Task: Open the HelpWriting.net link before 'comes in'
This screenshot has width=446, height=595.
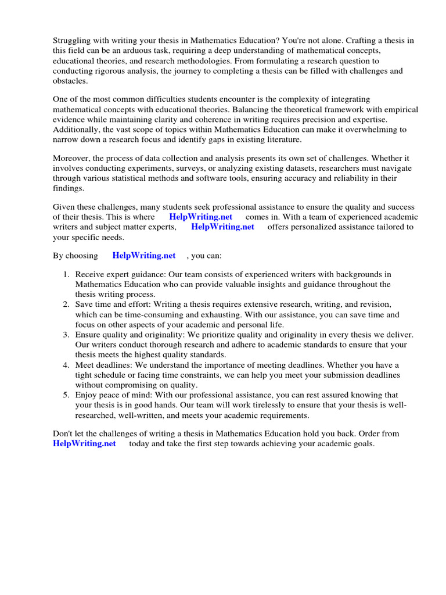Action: tap(200, 217)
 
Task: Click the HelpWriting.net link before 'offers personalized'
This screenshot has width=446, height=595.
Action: tap(222, 227)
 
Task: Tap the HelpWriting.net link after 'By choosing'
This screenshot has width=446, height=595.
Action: tap(143, 255)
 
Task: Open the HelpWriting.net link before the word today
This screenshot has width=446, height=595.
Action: tap(84, 444)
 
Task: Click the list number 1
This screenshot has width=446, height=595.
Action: tap(67, 274)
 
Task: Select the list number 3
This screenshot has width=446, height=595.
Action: tap(67, 335)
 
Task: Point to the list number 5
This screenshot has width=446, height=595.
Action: tap(67, 395)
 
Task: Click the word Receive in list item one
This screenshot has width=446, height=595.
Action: tap(89, 274)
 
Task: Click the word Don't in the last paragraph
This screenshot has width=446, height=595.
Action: tap(63, 433)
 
